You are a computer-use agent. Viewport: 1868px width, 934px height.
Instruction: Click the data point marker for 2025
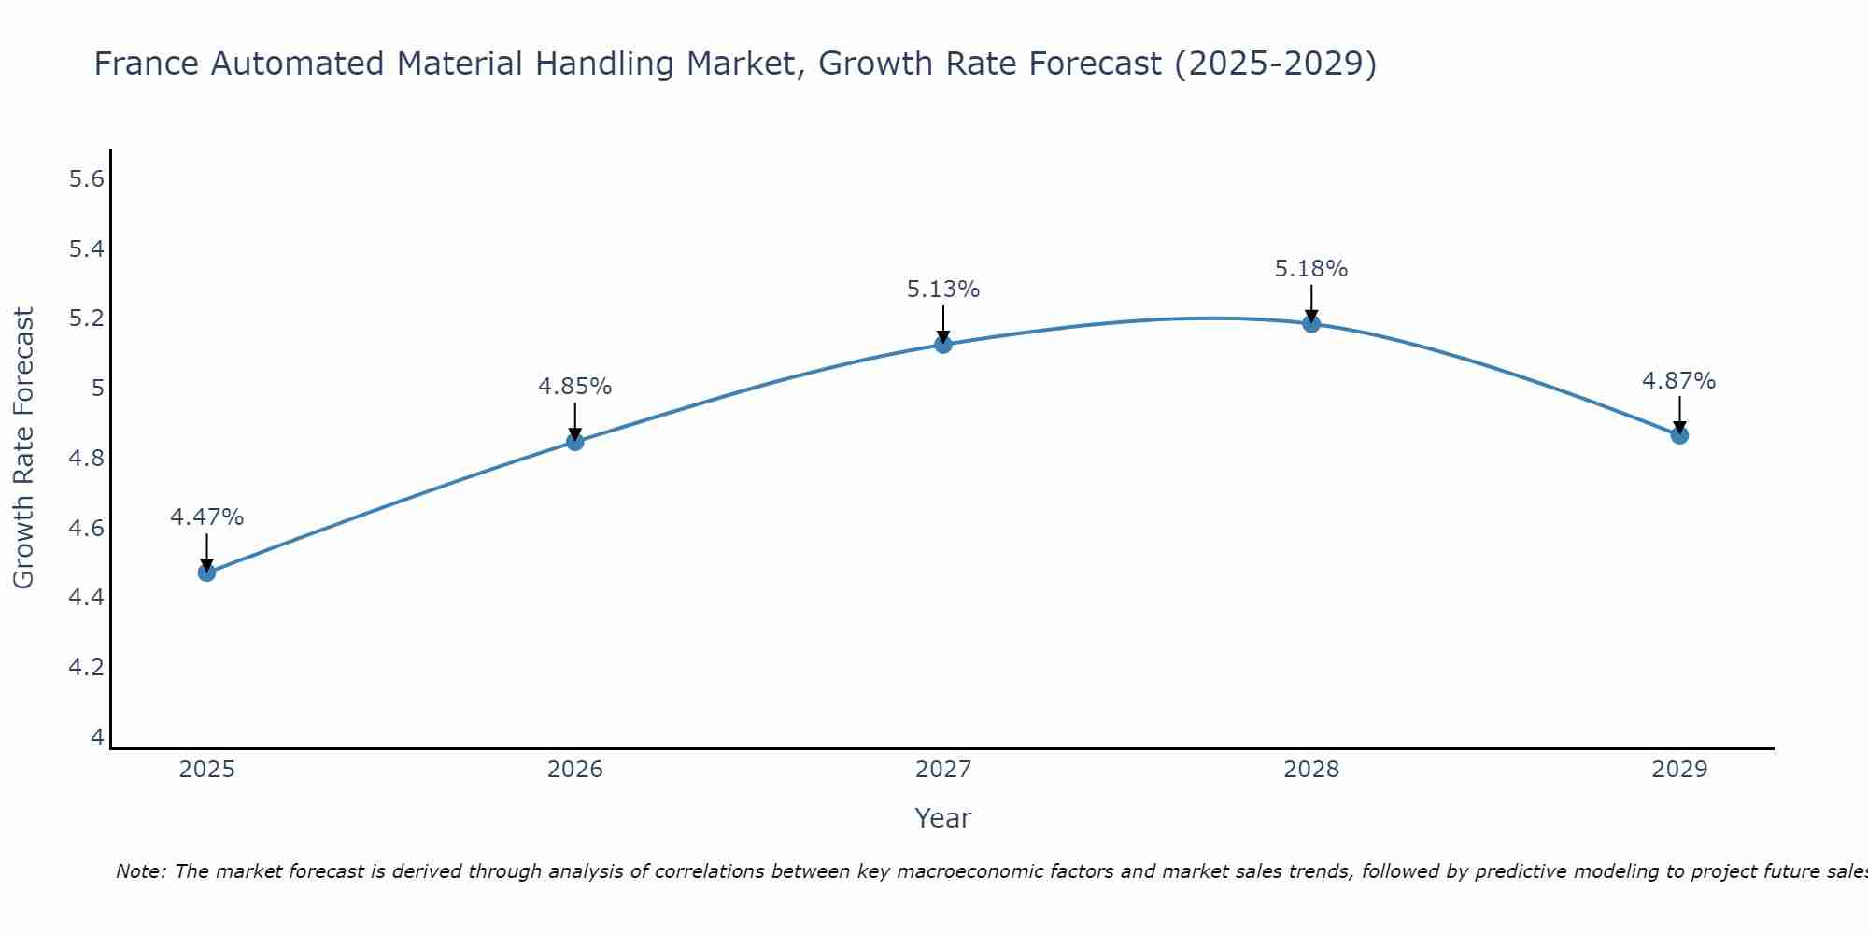pos(206,573)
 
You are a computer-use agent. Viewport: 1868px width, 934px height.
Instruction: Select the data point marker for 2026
pos(575,442)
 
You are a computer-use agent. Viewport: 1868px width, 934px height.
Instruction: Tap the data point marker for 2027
pos(943,345)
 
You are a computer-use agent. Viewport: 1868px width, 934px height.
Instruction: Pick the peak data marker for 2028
pos(1311,324)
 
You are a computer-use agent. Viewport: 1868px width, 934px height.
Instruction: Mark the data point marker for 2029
pos(1679,435)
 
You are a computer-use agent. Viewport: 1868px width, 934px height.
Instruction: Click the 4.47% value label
pos(206,517)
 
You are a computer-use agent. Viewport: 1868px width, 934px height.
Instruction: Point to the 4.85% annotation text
pos(575,387)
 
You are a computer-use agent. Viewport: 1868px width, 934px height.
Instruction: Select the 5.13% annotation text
pos(943,290)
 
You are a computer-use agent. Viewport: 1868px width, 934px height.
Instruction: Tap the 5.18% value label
pos(1311,269)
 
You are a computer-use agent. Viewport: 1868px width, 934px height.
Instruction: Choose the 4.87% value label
pos(1679,381)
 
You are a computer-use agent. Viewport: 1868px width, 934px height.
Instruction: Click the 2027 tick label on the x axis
pos(943,770)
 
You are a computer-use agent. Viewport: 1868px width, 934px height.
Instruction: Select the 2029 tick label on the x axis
pos(1679,770)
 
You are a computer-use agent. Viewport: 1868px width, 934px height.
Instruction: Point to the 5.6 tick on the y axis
pos(86,179)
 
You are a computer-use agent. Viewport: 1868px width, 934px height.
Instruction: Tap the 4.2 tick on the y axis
pos(86,668)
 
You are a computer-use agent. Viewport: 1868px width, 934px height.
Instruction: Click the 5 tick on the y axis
pos(97,389)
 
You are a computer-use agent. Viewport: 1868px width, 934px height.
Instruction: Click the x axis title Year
pos(943,818)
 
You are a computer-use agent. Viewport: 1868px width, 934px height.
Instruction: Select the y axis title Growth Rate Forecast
pos(23,448)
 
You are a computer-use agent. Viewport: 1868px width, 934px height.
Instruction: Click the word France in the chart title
pos(147,64)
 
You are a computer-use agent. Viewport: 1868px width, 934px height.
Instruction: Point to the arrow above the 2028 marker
pos(1311,304)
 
